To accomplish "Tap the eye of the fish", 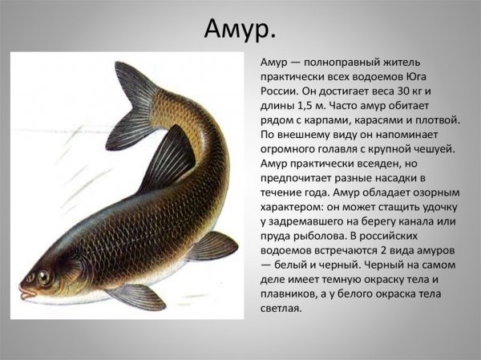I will click(41, 277).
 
